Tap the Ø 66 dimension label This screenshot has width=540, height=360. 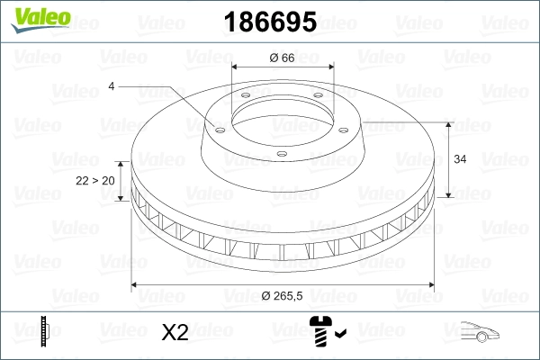283,58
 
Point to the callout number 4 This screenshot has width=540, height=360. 111,86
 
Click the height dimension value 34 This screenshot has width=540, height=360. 459,159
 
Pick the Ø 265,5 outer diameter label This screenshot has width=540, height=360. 283,299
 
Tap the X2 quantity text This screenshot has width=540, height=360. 174,332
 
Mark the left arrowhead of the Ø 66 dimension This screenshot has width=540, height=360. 236,67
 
